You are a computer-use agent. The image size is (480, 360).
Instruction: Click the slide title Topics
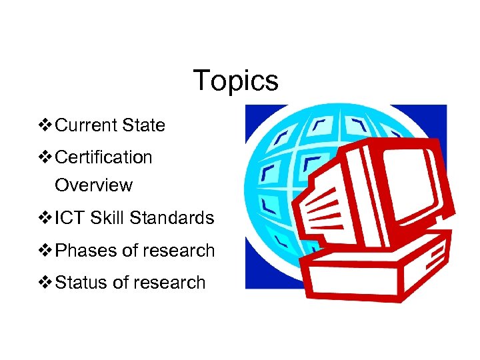[235, 81]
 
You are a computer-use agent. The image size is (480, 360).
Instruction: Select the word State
[143, 125]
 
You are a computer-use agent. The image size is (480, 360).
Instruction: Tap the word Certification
[103, 157]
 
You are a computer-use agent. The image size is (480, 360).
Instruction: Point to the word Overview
[93, 185]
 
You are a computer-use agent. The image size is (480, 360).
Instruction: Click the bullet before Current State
[46, 125]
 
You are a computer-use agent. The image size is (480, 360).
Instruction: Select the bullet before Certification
[46, 157]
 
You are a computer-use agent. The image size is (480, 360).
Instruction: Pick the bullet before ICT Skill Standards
[46, 218]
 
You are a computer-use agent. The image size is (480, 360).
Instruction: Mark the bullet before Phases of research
[46, 251]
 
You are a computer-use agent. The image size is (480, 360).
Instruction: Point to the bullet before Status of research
[46, 283]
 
